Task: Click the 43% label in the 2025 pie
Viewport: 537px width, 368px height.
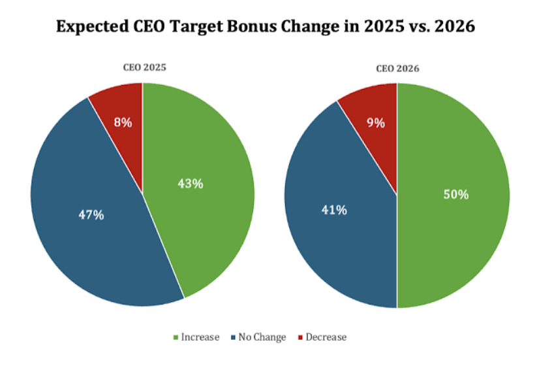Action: (x=191, y=184)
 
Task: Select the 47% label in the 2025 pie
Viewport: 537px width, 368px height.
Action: (x=91, y=214)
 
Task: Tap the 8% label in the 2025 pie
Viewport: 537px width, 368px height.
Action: (x=123, y=122)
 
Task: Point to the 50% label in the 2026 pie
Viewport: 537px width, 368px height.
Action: (x=456, y=195)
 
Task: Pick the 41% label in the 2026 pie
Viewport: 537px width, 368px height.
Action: (x=334, y=210)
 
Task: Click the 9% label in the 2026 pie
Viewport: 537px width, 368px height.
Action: (x=376, y=123)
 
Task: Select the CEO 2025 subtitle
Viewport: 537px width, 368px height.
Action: (x=144, y=67)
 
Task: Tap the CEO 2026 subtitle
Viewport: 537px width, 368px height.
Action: (x=397, y=69)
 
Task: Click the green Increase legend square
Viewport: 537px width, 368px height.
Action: (x=176, y=337)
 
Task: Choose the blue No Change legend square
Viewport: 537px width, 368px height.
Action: (x=233, y=337)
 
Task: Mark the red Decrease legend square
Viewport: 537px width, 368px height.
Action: (x=300, y=337)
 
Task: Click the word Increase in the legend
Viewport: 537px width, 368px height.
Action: (x=200, y=337)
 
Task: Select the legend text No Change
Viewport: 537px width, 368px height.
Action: (x=262, y=337)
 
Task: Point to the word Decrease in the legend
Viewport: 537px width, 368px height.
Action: (x=326, y=337)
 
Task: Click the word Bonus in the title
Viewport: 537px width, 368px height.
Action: (x=252, y=26)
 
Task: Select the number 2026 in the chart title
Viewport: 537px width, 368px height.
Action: (x=455, y=26)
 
